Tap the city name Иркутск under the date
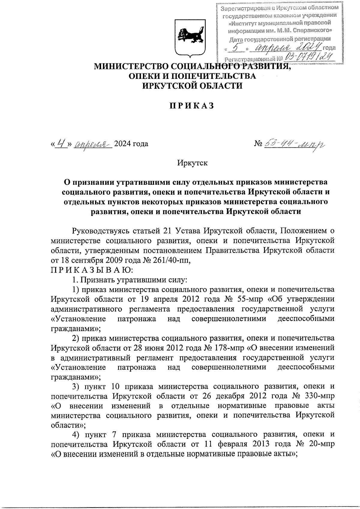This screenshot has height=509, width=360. pos(192,163)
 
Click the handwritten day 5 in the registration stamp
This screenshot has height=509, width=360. pos(237,47)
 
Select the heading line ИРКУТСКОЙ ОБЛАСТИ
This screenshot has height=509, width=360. pos(192,86)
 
